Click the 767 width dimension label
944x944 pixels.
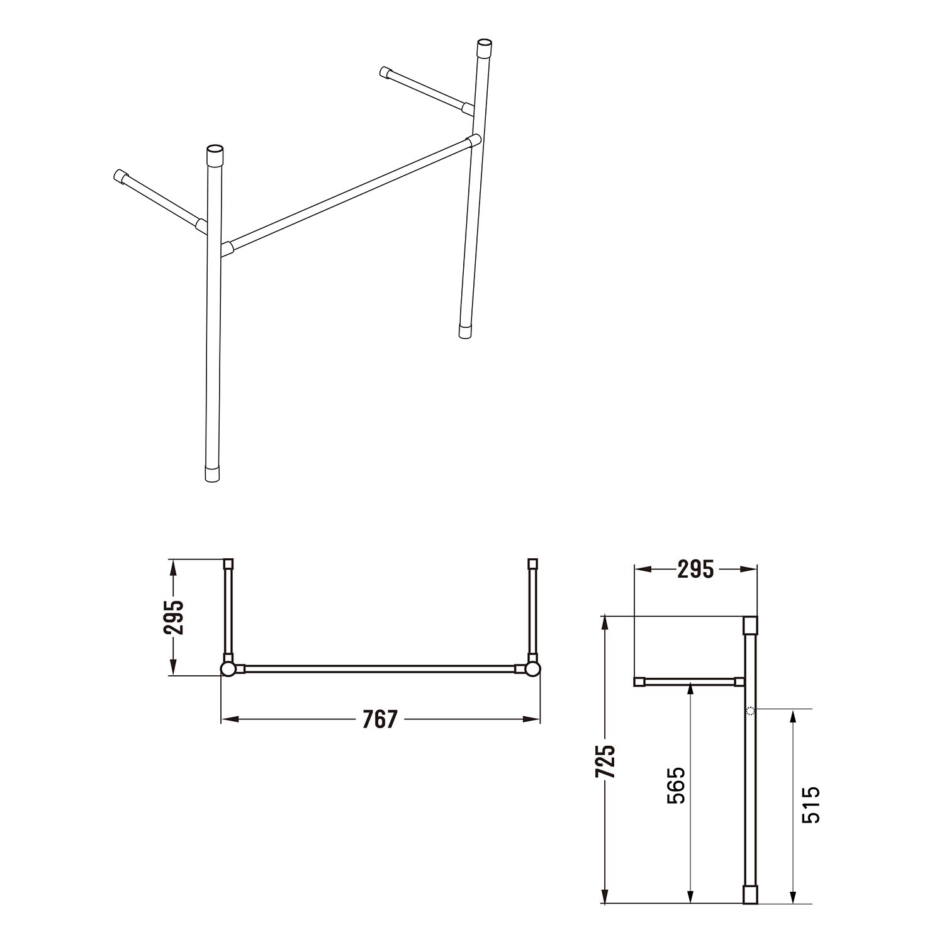tap(380, 719)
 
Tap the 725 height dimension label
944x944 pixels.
tap(605, 762)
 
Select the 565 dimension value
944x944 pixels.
tap(675, 785)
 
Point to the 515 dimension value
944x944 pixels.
tap(811, 804)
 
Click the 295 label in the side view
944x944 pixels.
tap(695, 569)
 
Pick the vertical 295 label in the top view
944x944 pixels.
tap(174, 617)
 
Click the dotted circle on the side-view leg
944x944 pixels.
tap(750, 711)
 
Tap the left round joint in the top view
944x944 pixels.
tap(228, 668)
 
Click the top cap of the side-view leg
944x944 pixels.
tap(750, 625)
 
